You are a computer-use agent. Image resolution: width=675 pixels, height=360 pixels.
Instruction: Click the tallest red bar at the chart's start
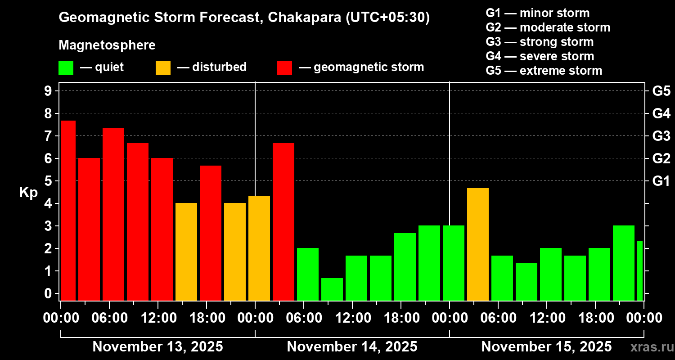coord(68,210)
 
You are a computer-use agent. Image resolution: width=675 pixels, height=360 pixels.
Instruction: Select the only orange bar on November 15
coord(478,244)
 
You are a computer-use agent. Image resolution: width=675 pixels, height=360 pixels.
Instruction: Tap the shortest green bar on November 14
coord(332,289)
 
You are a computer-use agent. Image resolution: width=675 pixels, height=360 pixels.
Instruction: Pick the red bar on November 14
coord(283,222)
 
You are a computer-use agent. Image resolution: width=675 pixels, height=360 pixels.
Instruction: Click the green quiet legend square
coord(66,68)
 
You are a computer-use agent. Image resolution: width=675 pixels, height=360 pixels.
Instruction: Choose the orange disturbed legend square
coord(163,68)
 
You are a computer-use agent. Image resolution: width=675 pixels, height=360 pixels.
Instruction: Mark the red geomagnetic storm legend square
coord(284,68)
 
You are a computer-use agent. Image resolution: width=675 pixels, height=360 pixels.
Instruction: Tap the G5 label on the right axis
coord(661,91)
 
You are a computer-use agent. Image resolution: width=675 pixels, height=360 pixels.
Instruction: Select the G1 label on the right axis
coord(661,181)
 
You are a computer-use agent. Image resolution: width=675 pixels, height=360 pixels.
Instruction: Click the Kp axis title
coord(28,192)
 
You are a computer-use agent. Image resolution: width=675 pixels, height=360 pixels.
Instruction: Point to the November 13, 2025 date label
coord(157,346)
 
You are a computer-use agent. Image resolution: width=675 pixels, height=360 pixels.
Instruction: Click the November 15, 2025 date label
coord(546,346)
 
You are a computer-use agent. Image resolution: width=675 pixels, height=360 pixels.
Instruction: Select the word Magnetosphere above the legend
coord(107,45)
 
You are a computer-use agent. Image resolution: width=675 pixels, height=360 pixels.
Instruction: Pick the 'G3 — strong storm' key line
coord(540,42)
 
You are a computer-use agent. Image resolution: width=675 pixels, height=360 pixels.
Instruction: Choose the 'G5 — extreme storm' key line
coord(544,71)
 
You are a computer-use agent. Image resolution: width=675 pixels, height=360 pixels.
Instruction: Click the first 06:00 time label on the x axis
coord(109,318)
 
